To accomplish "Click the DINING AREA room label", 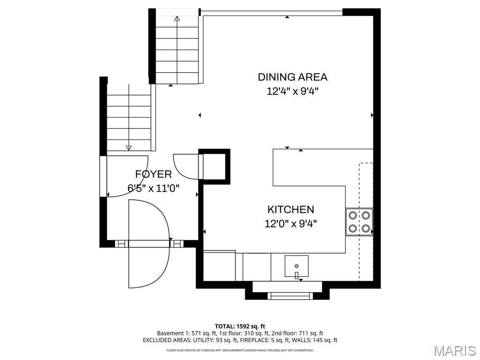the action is pyautogui.click(x=292, y=77).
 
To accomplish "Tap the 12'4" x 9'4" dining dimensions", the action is pyautogui.click(x=292, y=91).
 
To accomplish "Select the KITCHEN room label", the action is pyautogui.click(x=291, y=210).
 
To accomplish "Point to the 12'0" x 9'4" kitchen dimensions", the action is pyautogui.click(x=291, y=224).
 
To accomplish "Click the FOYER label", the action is pyautogui.click(x=153, y=174).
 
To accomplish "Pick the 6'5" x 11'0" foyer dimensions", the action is pyautogui.click(x=153, y=188).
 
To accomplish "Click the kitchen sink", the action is pyautogui.click(x=296, y=266).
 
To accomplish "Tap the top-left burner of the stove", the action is pyautogui.click(x=352, y=216).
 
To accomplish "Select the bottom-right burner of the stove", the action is pyautogui.click(x=366, y=228).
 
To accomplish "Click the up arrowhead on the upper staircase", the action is pyautogui.click(x=177, y=18).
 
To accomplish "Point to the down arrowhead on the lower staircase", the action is pyautogui.click(x=129, y=148).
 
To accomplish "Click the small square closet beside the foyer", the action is pyautogui.click(x=215, y=166).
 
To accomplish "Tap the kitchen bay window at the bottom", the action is pyautogui.click(x=287, y=296).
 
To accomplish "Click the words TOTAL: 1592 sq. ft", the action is pyautogui.click(x=240, y=326).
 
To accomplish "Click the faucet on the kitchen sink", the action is pyautogui.click(x=296, y=275).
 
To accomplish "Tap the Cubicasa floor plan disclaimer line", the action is pyautogui.click(x=240, y=350).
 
